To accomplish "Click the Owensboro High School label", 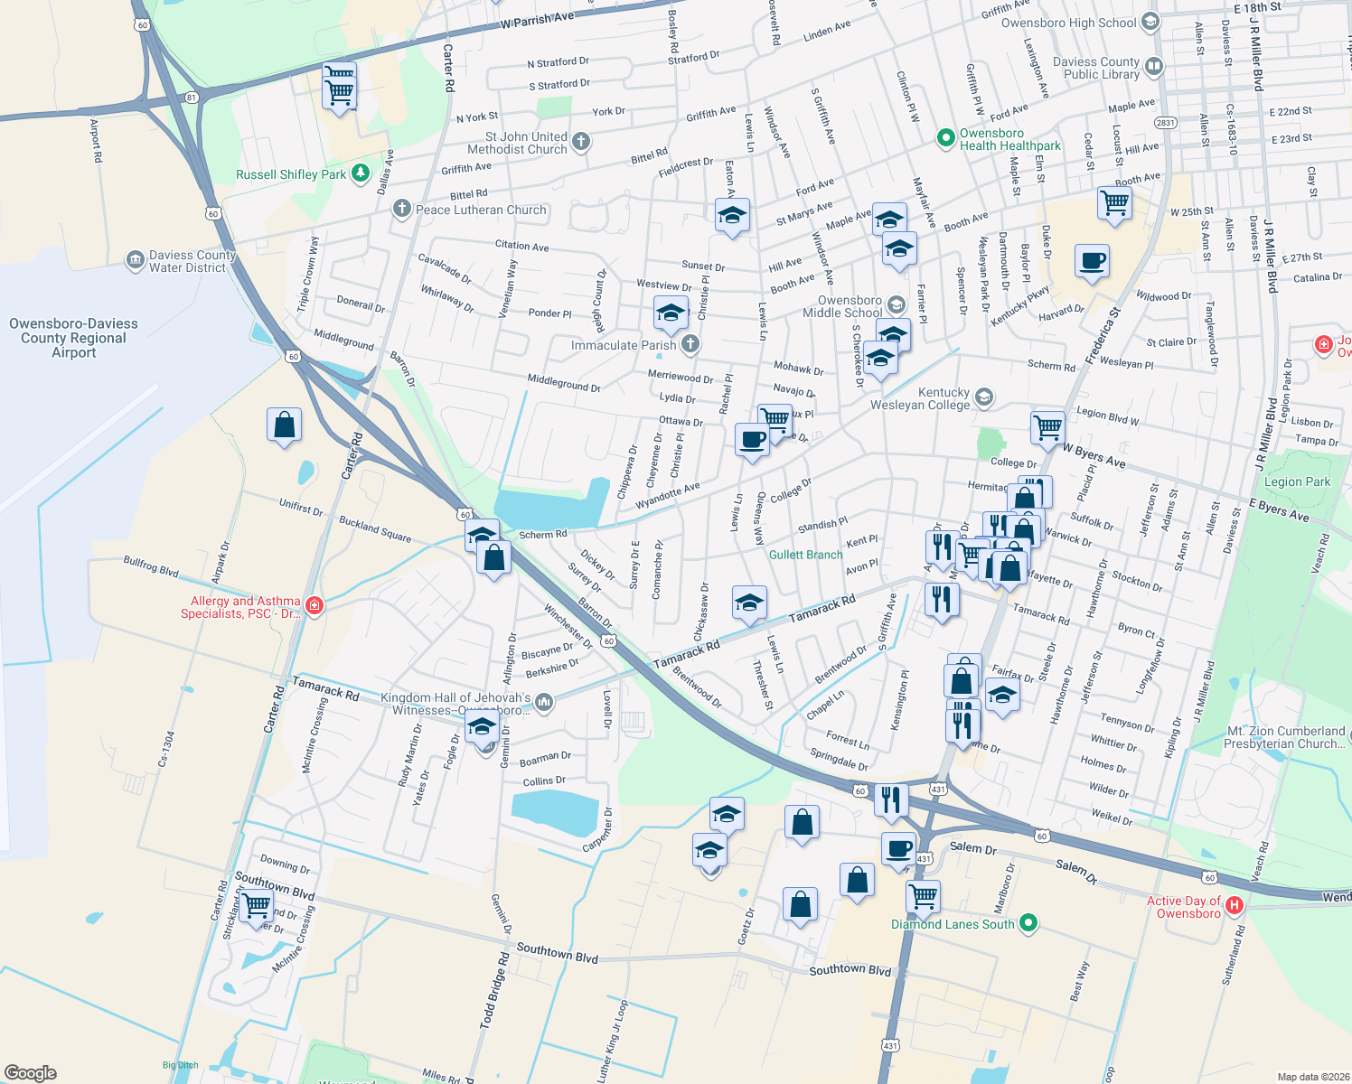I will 1068,23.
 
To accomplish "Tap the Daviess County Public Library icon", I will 1153,66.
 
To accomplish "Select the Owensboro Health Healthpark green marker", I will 945,138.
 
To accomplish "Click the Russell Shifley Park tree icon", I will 361,173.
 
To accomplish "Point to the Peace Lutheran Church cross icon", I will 401,210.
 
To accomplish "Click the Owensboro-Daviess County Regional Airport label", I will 73,338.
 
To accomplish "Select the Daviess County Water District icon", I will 136,261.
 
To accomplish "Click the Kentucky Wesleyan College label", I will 920,398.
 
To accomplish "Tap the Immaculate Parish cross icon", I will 690,344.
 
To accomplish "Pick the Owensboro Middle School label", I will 849,306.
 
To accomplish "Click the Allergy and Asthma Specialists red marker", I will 315,605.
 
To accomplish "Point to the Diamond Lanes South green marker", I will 1028,923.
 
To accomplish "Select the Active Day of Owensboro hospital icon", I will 1235,905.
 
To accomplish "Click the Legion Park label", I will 1297,481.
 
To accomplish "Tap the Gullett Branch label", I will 805,555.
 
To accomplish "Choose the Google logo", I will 31,1073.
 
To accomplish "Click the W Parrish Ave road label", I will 537,20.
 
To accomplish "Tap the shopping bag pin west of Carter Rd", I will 284,425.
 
